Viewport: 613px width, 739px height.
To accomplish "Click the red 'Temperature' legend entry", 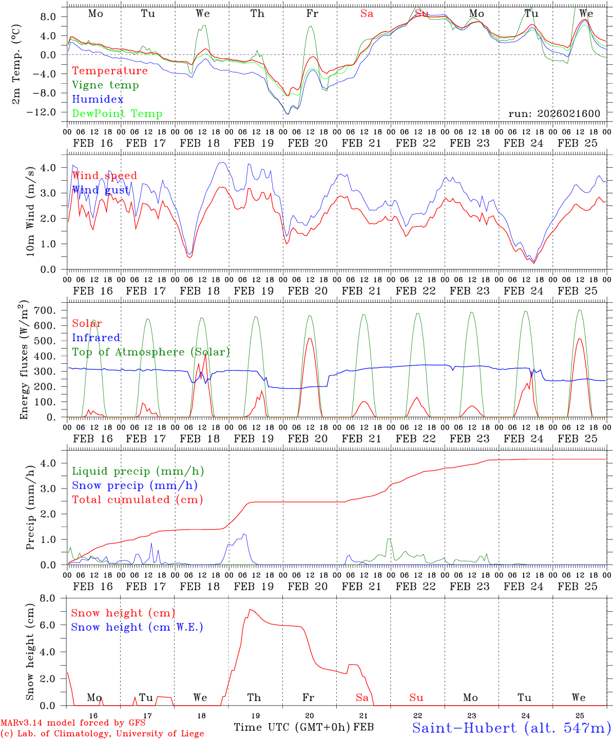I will click(x=110, y=71).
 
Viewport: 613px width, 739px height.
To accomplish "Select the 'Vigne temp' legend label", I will click(x=105, y=85).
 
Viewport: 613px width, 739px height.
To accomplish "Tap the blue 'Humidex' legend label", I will click(x=98, y=100).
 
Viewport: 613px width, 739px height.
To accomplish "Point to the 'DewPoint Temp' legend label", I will click(x=117, y=114).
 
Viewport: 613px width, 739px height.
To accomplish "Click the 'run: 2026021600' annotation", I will click(x=554, y=113).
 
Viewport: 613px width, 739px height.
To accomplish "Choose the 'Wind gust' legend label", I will click(x=101, y=190).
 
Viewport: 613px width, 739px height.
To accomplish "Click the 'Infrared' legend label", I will click(x=96, y=338).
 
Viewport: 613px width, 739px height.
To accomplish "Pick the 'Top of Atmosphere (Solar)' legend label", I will click(x=151, y=352).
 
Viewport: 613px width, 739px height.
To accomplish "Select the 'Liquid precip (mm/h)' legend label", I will click(x=138, y=471).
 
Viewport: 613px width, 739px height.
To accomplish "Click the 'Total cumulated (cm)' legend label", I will click(x=137, y=500).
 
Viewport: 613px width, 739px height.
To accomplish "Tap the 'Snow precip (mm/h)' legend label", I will click(x=135, y=485).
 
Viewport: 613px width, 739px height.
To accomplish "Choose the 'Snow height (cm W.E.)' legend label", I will click(x=137, y=627).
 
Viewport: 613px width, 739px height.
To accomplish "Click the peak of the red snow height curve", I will click(x=250, y=610).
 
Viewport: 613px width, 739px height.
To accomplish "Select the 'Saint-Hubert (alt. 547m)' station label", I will click(x=511, y=728).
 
